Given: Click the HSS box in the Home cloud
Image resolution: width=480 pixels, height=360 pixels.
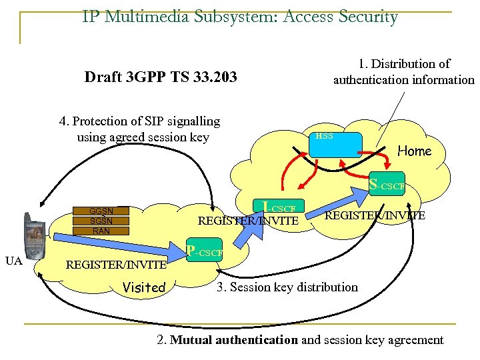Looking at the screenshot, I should click(336, 145).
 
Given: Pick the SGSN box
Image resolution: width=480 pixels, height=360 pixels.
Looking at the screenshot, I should click(101, 221).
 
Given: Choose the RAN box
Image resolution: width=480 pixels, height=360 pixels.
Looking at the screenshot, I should click(101, 231).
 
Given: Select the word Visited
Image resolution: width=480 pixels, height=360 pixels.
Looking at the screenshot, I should click(144, 287).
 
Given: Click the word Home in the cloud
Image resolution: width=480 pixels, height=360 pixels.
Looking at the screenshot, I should click(414, 151).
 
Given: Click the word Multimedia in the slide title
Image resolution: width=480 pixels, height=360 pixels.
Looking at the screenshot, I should click(163, 17).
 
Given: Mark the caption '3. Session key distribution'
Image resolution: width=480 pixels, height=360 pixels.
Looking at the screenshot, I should click(287, 287).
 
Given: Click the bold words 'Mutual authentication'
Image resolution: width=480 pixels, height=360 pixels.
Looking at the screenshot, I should click(234, 340).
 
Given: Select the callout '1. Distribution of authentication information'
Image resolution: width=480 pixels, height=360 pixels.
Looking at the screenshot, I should click(403, 72).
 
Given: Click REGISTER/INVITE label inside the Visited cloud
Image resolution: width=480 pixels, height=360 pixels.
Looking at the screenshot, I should click(116, 265).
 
